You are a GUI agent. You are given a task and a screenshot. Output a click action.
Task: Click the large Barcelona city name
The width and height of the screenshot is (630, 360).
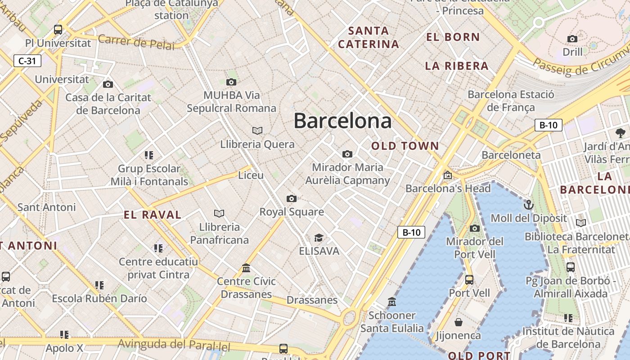[x=342, y=121]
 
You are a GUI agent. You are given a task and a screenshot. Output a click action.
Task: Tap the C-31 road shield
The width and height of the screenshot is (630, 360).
[x=27, y=61]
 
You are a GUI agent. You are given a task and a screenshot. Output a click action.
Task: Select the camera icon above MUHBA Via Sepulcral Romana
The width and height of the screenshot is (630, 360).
[x=231, y=82]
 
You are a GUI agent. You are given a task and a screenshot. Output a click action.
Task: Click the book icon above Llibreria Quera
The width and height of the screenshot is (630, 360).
[x=257, y=130]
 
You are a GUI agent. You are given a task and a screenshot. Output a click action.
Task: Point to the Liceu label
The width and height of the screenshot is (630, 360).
[x=251, y=175]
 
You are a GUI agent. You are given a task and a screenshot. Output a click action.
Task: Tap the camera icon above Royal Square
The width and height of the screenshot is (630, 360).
[x=292, y=198]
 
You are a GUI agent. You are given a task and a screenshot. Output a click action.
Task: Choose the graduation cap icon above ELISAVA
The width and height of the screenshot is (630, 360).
[x=319, y=238]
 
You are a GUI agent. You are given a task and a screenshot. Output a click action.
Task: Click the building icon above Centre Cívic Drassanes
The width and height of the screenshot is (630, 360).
[x=246, y=268]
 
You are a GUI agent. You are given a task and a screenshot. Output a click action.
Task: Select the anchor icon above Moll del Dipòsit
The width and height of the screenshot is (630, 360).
[x=529, y=205]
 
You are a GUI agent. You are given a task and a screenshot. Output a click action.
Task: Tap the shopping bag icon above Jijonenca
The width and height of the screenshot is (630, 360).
[x=458, y=322]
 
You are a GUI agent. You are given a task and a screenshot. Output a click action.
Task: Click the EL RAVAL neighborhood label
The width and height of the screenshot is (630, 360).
[x=153, y=215]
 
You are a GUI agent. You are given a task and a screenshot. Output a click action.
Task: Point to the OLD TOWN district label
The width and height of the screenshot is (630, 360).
[x=405, y=146]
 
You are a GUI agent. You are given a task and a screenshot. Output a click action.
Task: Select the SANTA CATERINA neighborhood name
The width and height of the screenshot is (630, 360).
[x=369, y=37]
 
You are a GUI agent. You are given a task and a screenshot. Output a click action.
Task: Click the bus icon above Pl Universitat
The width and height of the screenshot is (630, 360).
[x=58, y=30]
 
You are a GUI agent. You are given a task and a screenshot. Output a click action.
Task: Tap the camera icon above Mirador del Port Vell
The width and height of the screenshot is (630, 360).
[x=474, y=228]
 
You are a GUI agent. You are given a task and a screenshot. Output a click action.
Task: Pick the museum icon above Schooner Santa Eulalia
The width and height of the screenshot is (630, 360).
[x=392, y=301]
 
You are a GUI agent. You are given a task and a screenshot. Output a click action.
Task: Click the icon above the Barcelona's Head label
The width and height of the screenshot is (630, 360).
[x=447, y=175]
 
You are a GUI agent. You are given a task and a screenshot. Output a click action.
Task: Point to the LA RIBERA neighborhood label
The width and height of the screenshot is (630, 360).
[x=457, y=66]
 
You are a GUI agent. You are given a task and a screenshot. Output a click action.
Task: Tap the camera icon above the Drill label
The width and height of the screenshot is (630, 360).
[x=572, y=39]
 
